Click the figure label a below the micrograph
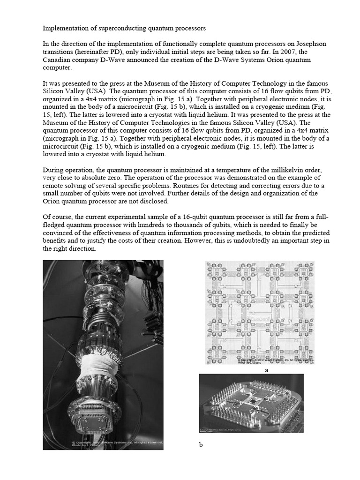[x=267, y=370]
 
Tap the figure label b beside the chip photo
[x=200, y=445]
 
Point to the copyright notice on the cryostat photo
[x=117, y=444]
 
